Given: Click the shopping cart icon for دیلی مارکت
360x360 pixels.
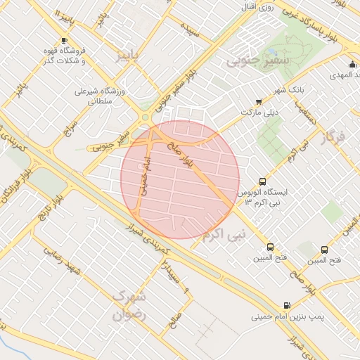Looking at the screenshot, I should click(x=259, y=101).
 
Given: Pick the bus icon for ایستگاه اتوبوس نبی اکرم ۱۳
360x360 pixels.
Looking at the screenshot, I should click(x=263, y=181).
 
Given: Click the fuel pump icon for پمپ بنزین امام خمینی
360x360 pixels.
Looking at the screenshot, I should click(x=286, y=305).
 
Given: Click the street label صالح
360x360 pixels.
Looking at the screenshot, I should click(x=174, y=320).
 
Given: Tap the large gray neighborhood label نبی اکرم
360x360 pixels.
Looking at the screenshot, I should click(x=224, y=234).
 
